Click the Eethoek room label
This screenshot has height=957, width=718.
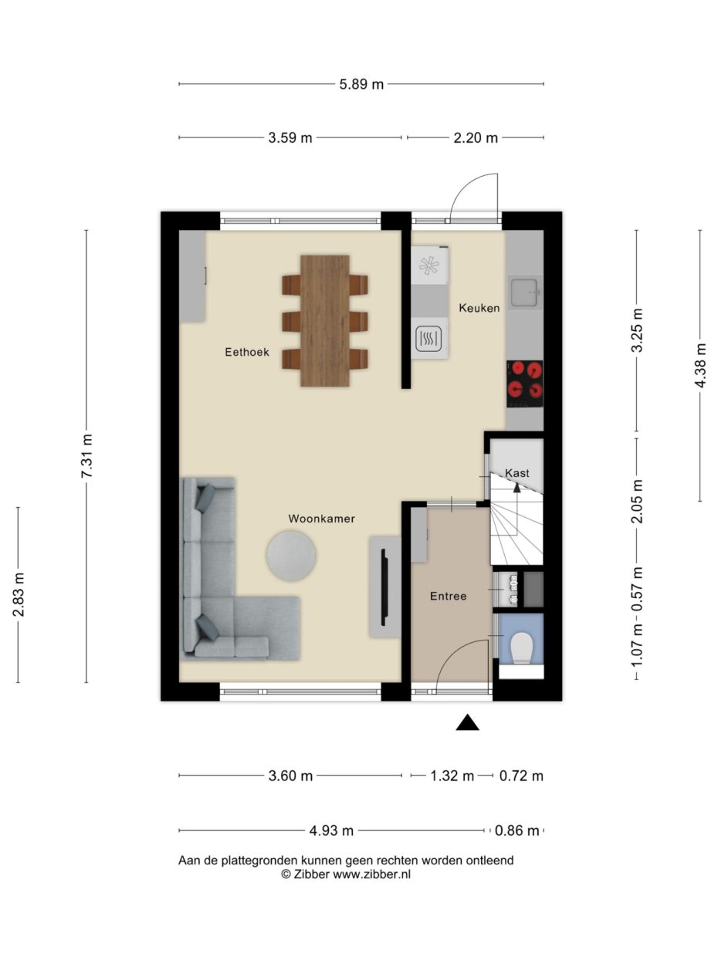[x=246, y=352]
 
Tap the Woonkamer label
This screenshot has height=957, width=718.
[x=321, y=519]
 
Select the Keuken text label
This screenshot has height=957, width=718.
[x=479, y=308]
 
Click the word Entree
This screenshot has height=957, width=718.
[x=448, y=596]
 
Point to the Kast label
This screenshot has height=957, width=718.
[x=516, y=472]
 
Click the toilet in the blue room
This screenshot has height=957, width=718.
[x=522, y=648]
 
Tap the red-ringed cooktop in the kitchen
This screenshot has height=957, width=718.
[x=525, y=384]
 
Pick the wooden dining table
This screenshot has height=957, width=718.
[x=324, y=320]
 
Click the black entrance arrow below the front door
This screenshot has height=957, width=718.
[x=467, y=722]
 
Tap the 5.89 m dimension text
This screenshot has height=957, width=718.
[x=361, y=84]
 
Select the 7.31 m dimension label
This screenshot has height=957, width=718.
[x=86, y=456]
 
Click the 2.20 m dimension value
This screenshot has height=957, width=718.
[x=476, y=138]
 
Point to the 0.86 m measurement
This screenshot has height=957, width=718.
[x=518, y=831]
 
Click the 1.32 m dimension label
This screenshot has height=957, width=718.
[x=452, y=776]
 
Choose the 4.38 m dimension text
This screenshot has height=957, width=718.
[x=700, y=365]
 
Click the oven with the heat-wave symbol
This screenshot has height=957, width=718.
[x=429, y=339]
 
